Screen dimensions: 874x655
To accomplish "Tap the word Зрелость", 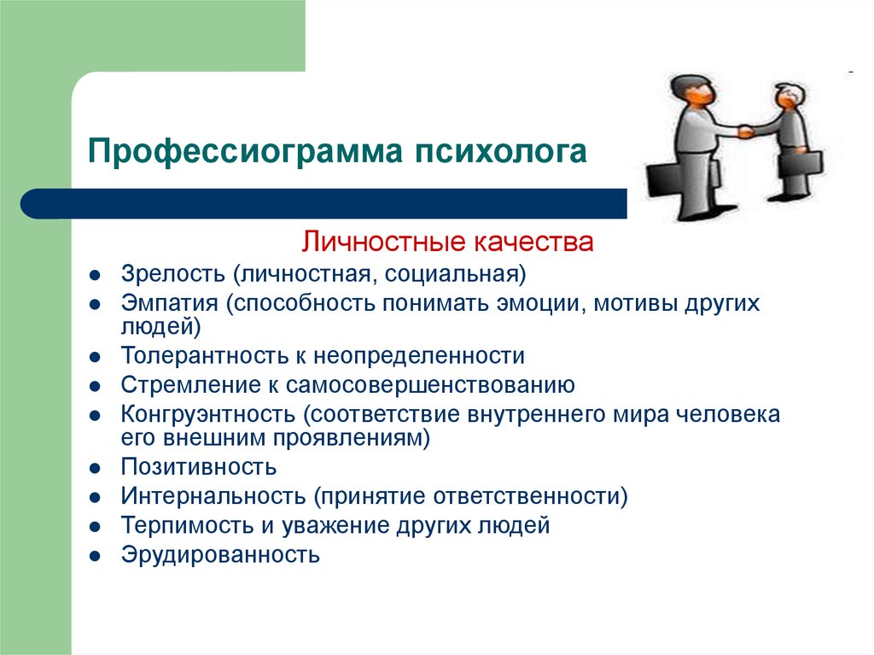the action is pyautogui.click(x=172, y=274).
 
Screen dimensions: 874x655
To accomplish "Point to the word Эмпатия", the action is pyautogui.click(x=170, y=303).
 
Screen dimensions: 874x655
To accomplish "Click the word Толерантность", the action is pyautogui.click(x=212, y=356).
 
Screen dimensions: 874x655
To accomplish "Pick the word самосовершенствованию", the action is pyautogui.click(x=430, y=385).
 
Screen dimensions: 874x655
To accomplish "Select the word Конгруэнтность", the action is pyautogui.click(x=208, y=414).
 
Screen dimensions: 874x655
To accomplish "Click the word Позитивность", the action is pyautogui.click(x=198, y=467).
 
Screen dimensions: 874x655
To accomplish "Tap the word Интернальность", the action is pyautogui.click(x=213, y=496).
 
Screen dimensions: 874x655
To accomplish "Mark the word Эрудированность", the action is pyautogui.click(x=220, y=555).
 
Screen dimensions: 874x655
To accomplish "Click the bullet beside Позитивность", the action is pyautogui.click(x=95, y=468).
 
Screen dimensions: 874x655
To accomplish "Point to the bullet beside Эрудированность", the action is pyautogui.click(x=95, y=556).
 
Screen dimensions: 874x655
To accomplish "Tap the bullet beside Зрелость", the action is pyautogui.click(x=95, y=275).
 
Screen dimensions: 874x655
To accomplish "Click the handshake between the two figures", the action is pyautogui.click(x=745, y=132).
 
